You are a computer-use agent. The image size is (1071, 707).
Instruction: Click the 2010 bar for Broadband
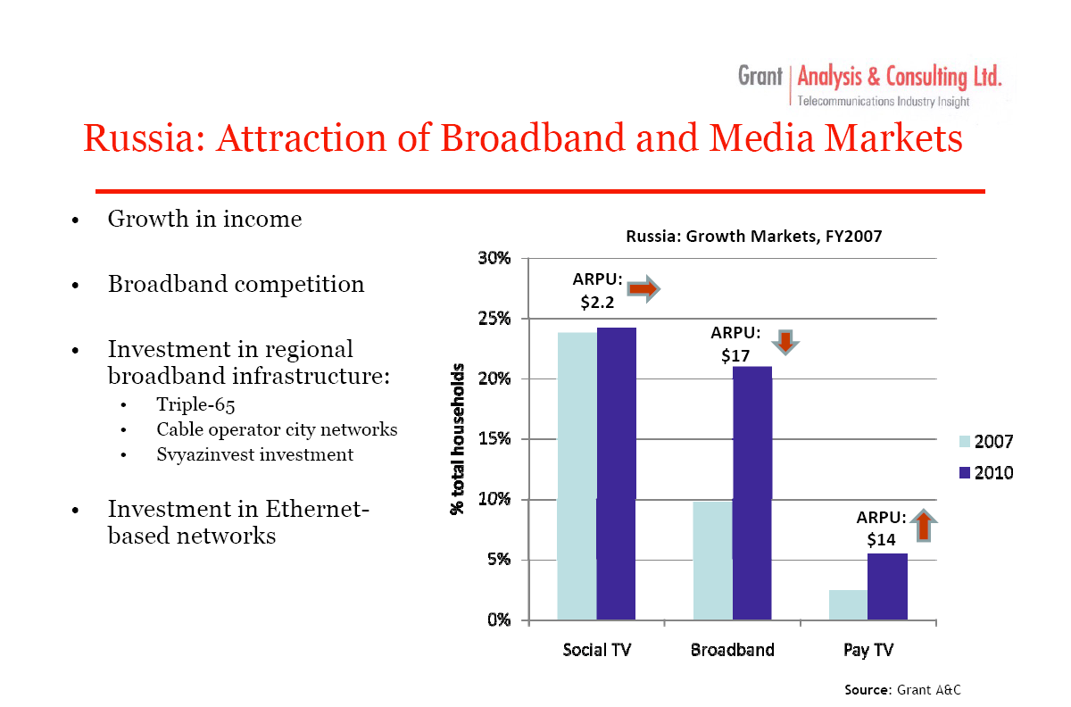[752, 493]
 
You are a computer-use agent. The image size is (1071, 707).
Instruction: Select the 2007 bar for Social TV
[577, 476]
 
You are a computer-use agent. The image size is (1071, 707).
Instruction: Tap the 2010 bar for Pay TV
[887, 586]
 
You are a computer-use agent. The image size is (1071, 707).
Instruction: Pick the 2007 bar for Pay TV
[848, 605]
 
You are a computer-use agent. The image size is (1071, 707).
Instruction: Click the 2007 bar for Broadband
[713, 561]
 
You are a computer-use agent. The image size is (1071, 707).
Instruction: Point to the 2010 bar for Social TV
[617, 474]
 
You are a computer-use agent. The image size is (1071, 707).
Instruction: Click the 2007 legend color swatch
[965, 442]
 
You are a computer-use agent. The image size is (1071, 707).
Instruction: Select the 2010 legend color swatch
[965, 473]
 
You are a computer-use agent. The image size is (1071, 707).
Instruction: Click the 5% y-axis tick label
[498, 560]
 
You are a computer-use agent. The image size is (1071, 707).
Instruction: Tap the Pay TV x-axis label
[868, 650]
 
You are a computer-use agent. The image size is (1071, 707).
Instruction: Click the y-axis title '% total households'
[458, 439]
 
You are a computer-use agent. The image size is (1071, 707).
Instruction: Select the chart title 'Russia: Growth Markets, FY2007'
[754, 237]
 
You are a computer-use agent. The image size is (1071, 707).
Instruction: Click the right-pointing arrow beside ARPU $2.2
[644, 288]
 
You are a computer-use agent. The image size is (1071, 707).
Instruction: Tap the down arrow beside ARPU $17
[785, 343]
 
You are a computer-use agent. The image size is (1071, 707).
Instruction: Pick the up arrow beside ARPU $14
[924, 525]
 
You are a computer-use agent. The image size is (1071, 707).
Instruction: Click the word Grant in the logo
[760, 76]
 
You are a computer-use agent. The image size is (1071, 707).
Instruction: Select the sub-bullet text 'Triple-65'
[195, 404]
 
